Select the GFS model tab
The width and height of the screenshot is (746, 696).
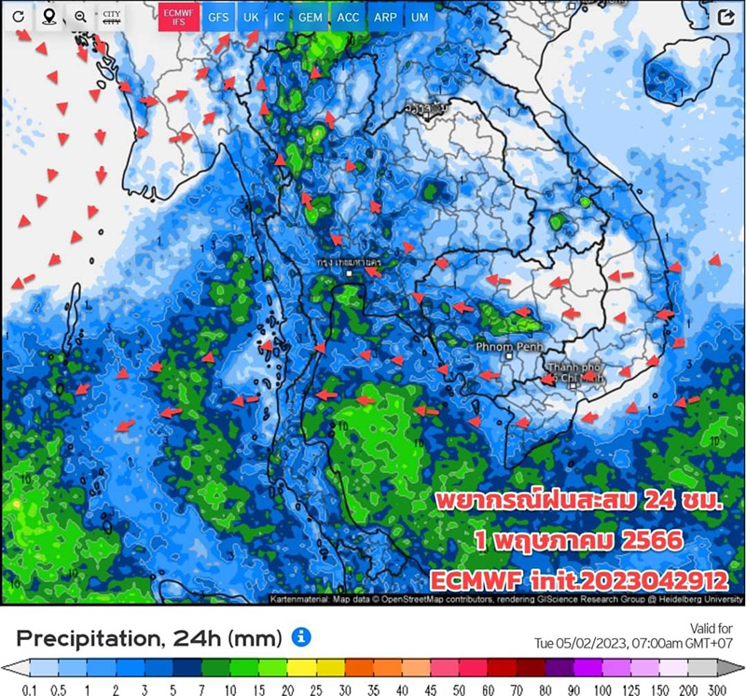(x=218, y=18)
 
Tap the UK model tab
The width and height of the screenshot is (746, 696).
(x=251, y=18)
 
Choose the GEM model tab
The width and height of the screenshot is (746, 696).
(x=311, y=18)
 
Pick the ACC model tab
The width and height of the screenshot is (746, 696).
(x=348, y=18)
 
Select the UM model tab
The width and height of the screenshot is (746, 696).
(x=420, y=18)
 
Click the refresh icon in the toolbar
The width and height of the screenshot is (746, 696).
(x=18, y=17)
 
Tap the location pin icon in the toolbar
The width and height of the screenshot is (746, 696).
(x=48, y=17)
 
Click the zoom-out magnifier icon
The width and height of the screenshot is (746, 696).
(x=81, y=17)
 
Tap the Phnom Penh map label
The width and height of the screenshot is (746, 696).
(x=503, y=346)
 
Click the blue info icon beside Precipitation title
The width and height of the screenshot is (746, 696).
(x=301, y=637)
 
